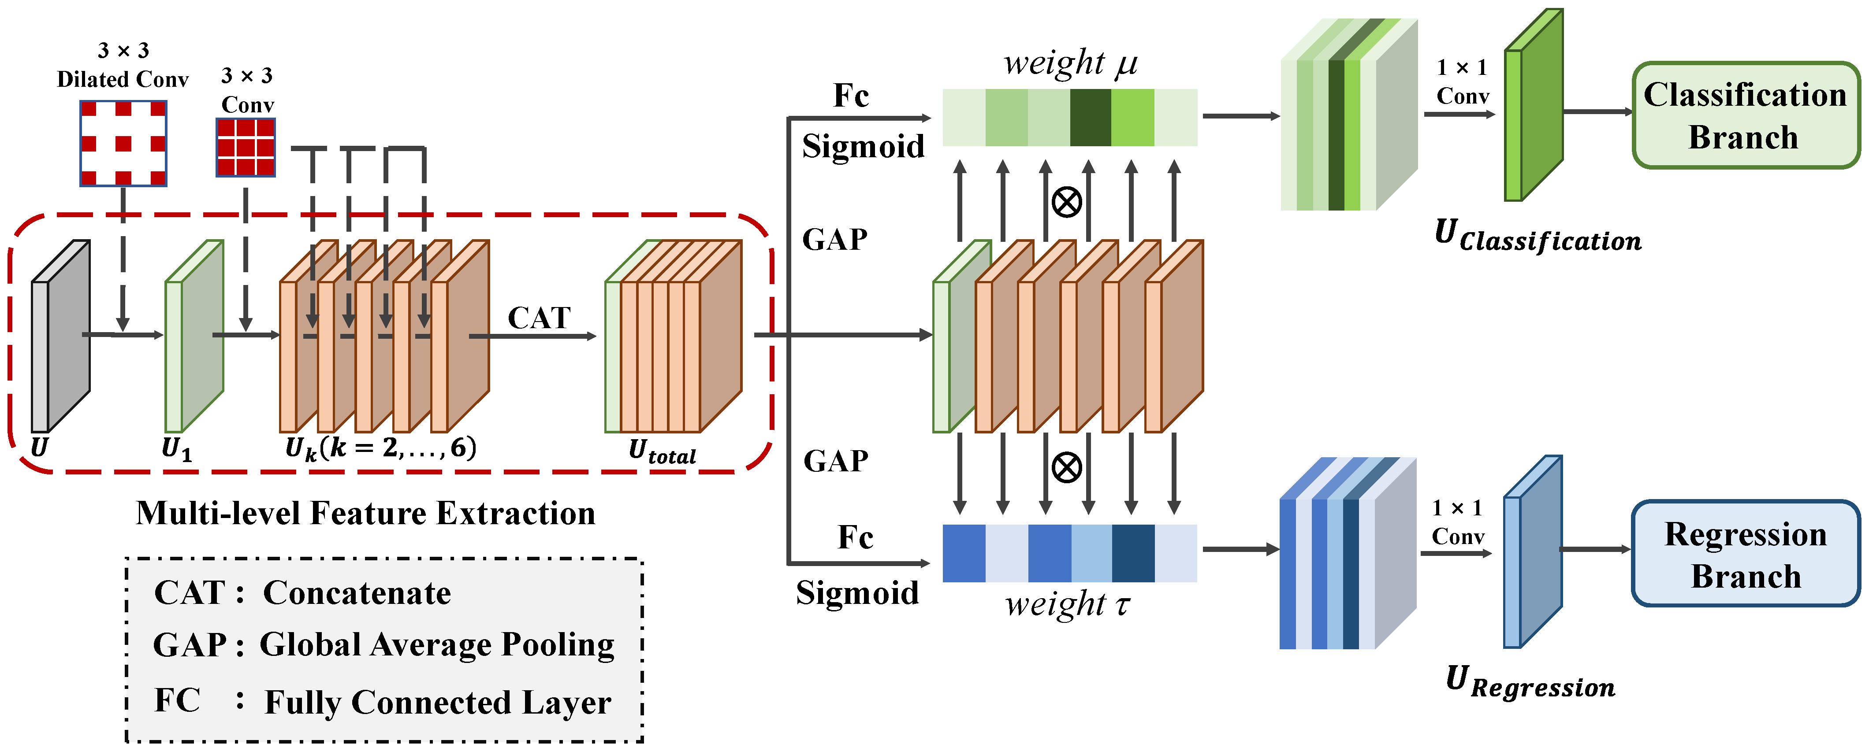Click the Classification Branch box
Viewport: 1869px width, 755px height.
tap(1745, 116)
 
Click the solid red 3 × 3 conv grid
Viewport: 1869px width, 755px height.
tap(246, 147)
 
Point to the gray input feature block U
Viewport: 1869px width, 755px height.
tap(60, 336)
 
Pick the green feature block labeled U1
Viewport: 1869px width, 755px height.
tap(194, 336)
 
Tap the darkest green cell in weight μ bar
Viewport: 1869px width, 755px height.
tap(1091, 118)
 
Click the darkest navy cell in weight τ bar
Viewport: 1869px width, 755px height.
tap(1132, 553)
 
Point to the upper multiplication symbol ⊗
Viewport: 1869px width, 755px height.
tap(1067, 202)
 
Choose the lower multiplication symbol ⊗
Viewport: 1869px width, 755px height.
tap(1067, 468)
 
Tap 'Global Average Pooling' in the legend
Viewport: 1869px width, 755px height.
tap(437, 645)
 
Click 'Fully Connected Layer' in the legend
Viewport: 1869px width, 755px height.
tap(438, 702)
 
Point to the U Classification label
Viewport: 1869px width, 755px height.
tap(1538, 237)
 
